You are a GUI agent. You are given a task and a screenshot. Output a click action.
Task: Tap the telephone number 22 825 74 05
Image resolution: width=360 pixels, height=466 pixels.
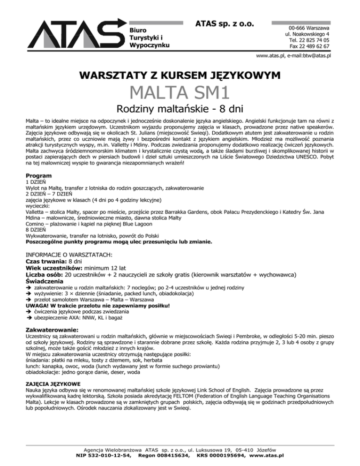314,40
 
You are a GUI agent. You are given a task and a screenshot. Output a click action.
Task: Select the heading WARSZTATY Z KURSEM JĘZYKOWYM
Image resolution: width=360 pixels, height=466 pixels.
180,75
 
